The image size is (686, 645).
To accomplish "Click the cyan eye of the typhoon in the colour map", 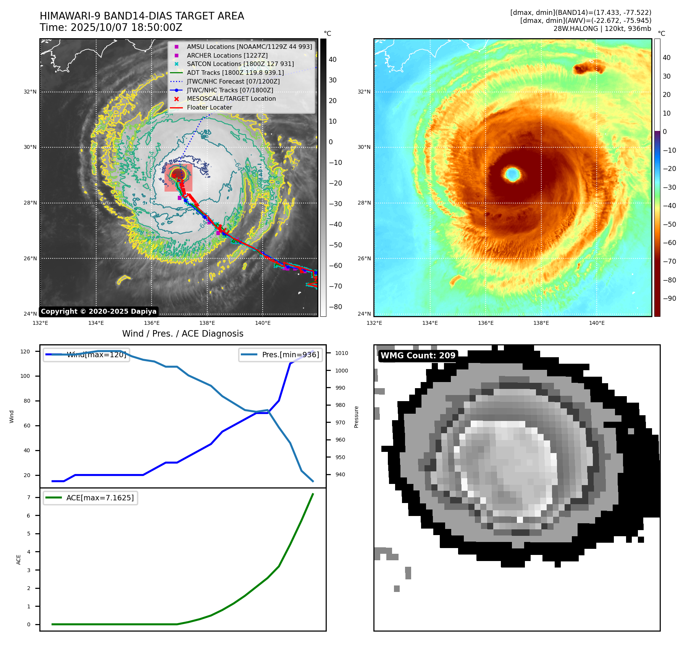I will click(x=512, y=174).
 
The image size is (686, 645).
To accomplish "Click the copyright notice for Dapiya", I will click(x=98, y=311).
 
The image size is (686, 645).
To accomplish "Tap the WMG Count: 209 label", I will click(x=418, y=356).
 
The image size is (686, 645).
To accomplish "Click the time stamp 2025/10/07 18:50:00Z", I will click(x=126, y=28).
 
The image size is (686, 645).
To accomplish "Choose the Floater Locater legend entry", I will click(x=209, y=108).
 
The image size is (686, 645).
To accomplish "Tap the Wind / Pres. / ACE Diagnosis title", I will click(x=182, y=334).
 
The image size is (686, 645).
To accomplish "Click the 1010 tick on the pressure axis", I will click(x=341, y=353).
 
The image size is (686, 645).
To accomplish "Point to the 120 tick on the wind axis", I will click(x=25, y=352).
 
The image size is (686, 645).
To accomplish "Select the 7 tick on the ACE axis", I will click(x=29, y=497).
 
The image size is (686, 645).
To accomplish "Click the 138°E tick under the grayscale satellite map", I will click(x=207, y=323).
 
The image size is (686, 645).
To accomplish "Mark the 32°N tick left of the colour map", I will click(x=364, y=92).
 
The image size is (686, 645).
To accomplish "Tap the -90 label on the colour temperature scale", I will click(x=669, y=298).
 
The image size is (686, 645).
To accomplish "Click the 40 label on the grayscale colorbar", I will click(x=333, y=60).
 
